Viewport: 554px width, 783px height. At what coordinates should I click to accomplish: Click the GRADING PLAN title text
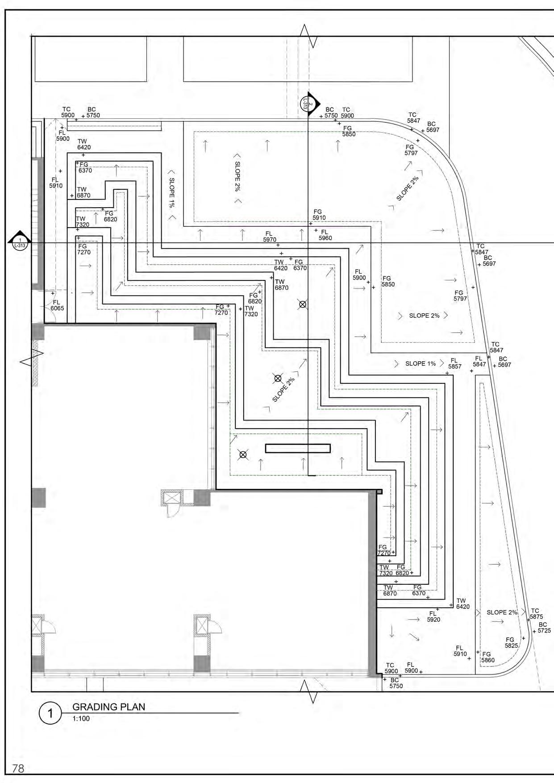point(108,707)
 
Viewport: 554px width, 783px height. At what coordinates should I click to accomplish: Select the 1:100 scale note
point(81,719)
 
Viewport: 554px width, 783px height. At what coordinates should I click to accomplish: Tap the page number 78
point(18,768)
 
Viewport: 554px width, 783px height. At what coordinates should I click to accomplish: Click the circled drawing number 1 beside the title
point(50,713)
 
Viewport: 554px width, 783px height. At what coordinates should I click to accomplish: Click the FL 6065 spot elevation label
point(57,305)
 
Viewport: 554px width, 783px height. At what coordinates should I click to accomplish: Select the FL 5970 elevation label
point(269,237)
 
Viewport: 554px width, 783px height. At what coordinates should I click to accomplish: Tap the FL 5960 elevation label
point(325,235)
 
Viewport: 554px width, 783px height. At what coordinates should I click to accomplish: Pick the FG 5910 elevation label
point(319,215)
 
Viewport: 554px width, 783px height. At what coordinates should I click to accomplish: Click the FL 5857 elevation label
point(454,363)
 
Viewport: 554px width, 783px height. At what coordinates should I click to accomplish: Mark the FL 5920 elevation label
point(433,616)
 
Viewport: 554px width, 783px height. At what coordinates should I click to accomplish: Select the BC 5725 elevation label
point(543,628)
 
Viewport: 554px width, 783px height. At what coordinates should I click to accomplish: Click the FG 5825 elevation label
point(511,642)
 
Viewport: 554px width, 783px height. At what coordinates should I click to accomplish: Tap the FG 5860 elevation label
point(487,657)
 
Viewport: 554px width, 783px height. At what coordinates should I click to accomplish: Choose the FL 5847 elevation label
point(479,361)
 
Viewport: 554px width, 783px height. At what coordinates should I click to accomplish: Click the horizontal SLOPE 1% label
point(420,363)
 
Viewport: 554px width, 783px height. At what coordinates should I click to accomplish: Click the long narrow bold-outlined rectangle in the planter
point(298,448)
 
